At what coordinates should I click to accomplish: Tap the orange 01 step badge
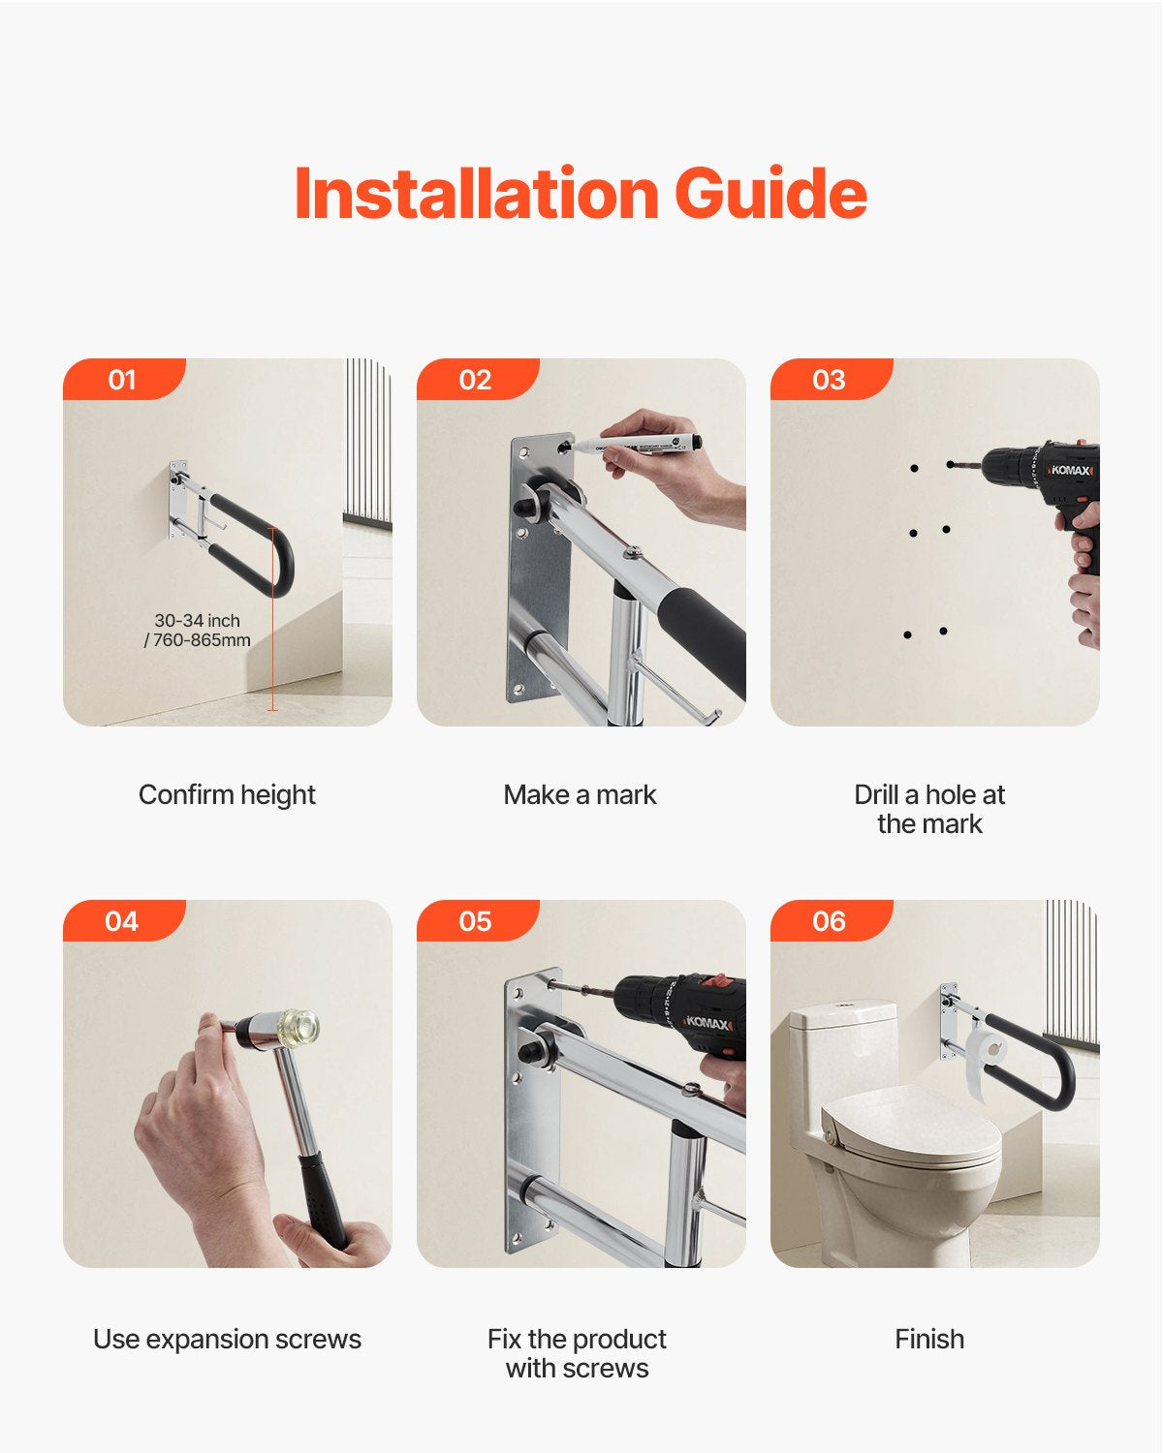pyautogui.click(x=122, y=380)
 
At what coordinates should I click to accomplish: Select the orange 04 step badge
pyautogui.click(x=122, y=921)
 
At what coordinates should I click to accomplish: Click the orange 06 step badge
pyautogui.click(x=830, y=921)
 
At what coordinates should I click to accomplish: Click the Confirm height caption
pyautogui.click(x=227, y=794)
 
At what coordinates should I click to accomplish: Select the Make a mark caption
pyautogui.click(x=580, y=794)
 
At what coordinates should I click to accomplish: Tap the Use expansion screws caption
pyautogui.click(x=227, y=1339)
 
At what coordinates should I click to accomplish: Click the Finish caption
pyautogui.click(x=929, y=1339)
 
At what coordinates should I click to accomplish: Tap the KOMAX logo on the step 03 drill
pyautogui.click(x=1072, y=470)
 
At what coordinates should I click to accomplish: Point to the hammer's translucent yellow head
pyautogui.click(x=299, y=1027)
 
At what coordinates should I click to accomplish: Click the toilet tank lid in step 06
pyautogui.click(x=841, y=1013)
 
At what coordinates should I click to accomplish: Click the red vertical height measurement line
pyautogui.click(x=272, y=620)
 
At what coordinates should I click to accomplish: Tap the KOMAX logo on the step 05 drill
pyautogui.click(x=707, y=1023)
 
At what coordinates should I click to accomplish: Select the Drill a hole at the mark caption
pyautogui.click(x=929, y=809)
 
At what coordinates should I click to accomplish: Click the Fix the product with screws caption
pyautogui.click(x=577, y=1353)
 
